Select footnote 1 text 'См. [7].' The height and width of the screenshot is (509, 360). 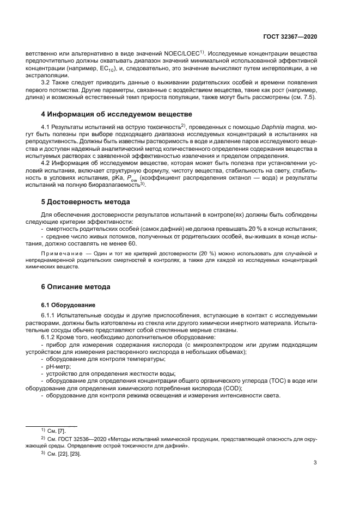(x=58, y=431)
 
